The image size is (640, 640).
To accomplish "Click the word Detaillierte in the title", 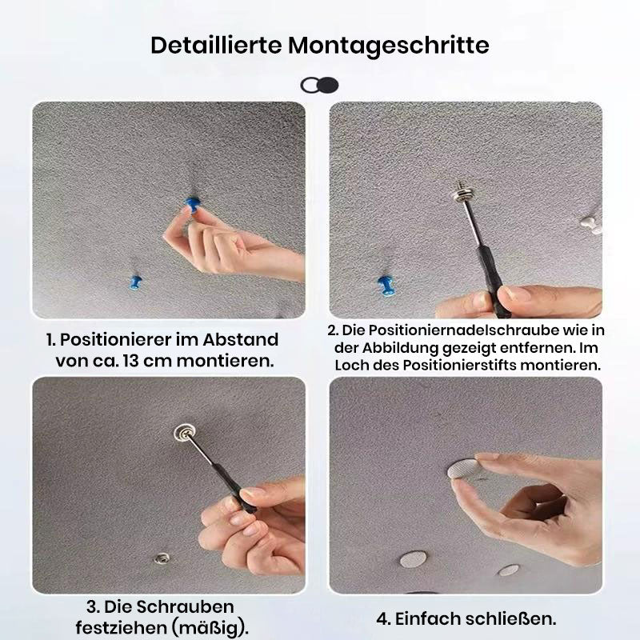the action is (216, 45).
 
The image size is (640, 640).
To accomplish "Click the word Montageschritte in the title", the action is (389, 46).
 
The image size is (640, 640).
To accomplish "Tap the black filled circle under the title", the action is (329, 86).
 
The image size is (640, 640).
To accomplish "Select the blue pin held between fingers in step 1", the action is (192, 204).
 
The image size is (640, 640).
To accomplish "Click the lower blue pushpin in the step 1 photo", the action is (135, 282).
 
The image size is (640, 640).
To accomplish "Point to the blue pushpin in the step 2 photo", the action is (386, 286).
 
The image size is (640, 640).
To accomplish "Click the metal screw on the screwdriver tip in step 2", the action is (462, 191).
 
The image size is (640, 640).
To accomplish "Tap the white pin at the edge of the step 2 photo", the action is (590, 225).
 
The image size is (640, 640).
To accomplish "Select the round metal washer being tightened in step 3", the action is (184, 433).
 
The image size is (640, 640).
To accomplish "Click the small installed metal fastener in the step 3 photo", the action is (162, 557).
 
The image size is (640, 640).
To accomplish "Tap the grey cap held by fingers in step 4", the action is (463, 469).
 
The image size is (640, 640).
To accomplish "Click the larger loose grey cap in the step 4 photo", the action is (414, 558).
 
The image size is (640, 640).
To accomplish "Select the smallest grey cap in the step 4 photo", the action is (509, 570).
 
